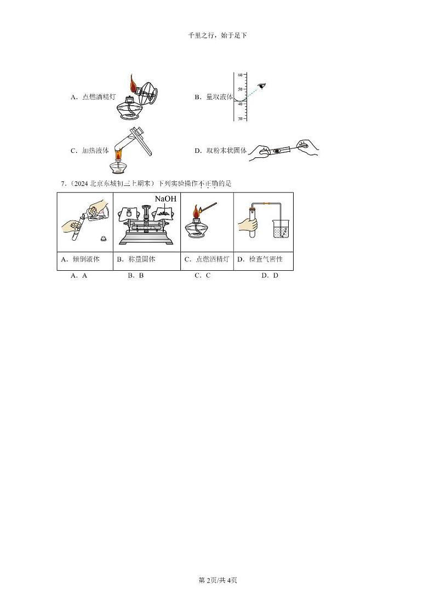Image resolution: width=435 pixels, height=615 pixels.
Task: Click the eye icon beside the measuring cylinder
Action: (262, 86)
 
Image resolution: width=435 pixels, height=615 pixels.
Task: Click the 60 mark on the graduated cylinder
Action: (240, 75)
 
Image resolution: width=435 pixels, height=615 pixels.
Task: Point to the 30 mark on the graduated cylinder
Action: (240, 118)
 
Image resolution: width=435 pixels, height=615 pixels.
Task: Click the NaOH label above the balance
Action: (165, 199)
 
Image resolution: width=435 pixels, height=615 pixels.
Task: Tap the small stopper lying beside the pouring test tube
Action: (102, 238)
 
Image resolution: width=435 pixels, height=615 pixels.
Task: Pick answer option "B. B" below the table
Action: (135, 276)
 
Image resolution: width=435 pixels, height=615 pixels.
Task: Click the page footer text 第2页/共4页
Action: (218, 580)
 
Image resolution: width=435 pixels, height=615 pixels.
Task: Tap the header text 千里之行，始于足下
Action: (218, 36)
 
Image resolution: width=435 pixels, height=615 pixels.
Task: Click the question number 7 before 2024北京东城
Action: (62, 184)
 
